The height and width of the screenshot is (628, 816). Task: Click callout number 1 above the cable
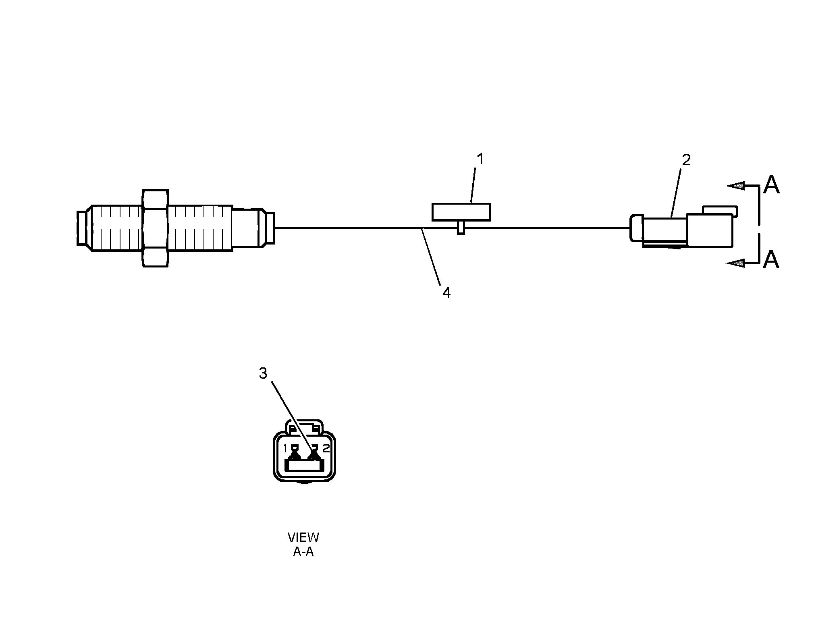pos(480,159)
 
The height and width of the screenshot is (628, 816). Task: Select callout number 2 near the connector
pos(686,160)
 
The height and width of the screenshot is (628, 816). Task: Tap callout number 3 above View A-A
pos(263,373)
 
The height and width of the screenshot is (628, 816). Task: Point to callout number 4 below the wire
pos(446,293)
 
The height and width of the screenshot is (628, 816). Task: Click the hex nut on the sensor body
pos(156,228)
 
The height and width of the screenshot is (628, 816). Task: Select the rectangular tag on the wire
pos(461,212)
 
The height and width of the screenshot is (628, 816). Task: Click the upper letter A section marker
pos(771,185)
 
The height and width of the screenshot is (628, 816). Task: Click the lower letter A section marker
pos(771,259)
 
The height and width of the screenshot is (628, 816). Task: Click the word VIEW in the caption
pos(303,537)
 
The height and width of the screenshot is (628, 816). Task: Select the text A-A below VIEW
pos(303,551)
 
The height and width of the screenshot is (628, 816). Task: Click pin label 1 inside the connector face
pos(285,448)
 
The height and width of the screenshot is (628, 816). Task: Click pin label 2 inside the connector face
pos(326,448)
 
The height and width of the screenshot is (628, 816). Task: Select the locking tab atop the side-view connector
pos(720,210)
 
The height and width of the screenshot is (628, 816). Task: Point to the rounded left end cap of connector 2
pos(635,228)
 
